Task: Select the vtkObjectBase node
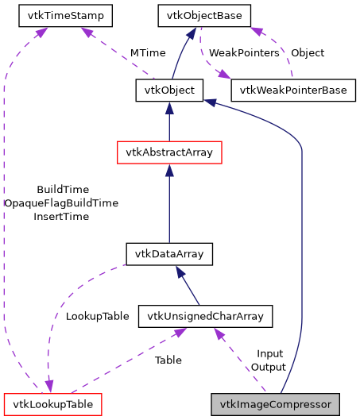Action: (204, 15)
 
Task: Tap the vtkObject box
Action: (165, 91)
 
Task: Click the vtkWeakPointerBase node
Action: (293, 91)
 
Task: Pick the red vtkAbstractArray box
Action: (168, 152)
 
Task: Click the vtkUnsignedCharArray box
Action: (206, 316)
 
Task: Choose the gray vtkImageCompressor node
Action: (275, 404)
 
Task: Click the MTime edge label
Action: (147, 53)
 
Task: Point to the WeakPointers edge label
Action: (244, 53)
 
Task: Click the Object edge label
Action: (308, 53)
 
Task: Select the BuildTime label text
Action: (61, 190)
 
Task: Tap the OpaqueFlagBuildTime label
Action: (61, 203)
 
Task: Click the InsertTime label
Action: (61, 216)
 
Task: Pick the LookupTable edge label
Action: (97, 316)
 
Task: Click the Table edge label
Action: (168, 360)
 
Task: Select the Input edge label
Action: (269, 353)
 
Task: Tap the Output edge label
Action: (269, 367)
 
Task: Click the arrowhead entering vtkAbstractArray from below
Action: (168, 169)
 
